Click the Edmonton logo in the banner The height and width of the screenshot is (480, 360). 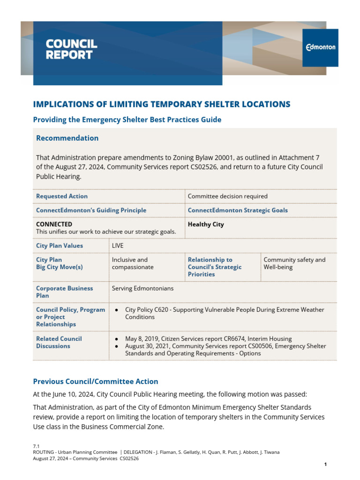coord(321,47)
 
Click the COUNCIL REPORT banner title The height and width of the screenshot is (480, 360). coord(71,49)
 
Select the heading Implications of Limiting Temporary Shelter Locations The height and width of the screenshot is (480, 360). coord(161,104)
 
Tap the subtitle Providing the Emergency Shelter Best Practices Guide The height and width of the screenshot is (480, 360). coord(127,120)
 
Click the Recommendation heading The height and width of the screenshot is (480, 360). coord(67,138)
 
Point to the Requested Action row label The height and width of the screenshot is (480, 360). coord(62,196)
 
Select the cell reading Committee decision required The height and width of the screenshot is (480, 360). coord(227,196)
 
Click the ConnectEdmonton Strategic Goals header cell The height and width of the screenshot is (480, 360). coord(238,210)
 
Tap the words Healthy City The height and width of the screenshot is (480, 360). coord(206,224)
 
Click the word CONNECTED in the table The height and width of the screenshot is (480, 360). coord(54,224)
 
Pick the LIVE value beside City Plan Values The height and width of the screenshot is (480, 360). coord(118,245)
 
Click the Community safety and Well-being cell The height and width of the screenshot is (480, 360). coord(294,263)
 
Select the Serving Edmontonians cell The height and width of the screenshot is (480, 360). coord(142,288)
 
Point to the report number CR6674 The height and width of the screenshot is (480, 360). coord(238,338)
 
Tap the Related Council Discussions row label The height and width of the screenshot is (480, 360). coord(59,342)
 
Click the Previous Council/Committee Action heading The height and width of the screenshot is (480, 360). coord(95,381)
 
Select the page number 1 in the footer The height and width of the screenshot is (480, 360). coord(325,464)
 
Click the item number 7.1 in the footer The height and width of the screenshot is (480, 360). coord(36,445)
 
